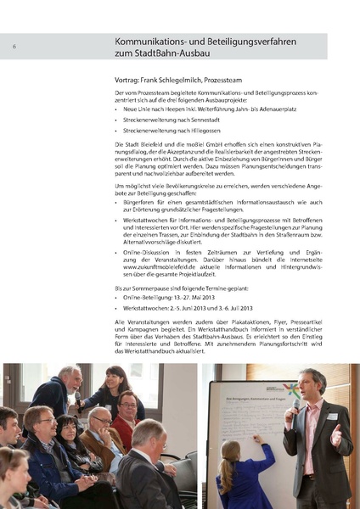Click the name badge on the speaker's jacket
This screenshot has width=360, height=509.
[331, 416]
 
